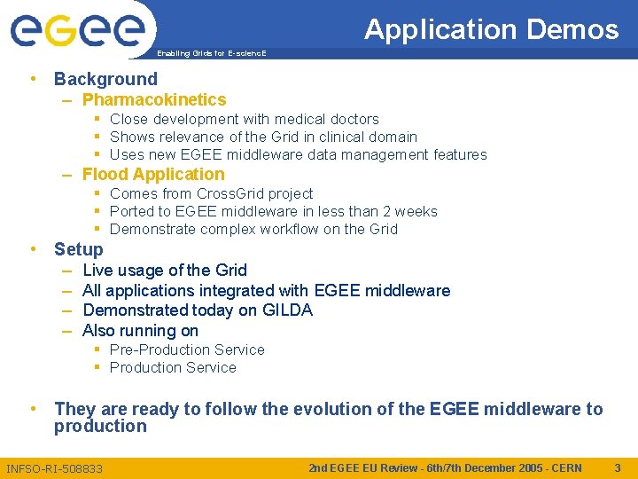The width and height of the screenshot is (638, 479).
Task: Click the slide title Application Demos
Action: click(491, 30)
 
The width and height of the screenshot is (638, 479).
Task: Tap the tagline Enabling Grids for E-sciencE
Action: click(211, 54)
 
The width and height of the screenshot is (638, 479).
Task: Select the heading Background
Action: click(105, 79)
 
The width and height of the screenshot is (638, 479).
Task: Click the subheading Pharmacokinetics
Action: click(154, 100)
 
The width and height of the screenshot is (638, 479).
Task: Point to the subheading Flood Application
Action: click(153, 175)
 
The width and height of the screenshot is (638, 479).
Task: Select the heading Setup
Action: click(78, 249)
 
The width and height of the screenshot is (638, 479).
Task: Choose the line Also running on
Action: click(140, 331)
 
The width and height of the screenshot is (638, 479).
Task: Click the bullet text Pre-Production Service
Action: click(187, 349)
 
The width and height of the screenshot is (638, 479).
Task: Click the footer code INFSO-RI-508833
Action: click(54, 468)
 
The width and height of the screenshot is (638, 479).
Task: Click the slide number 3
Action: click(617, 467)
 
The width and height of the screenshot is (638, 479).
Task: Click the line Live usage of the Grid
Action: click(164, 270)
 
